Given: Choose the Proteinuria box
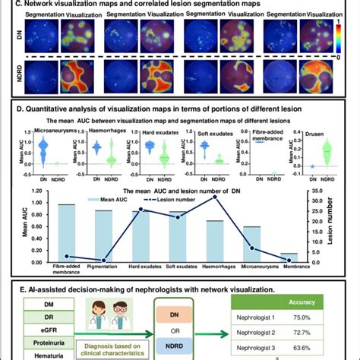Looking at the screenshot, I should [53, 343].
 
